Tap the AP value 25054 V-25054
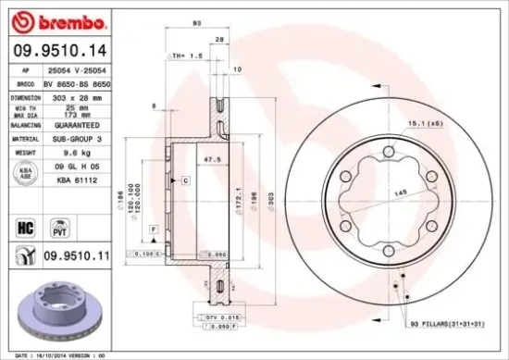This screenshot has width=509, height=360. coord(78,70)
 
